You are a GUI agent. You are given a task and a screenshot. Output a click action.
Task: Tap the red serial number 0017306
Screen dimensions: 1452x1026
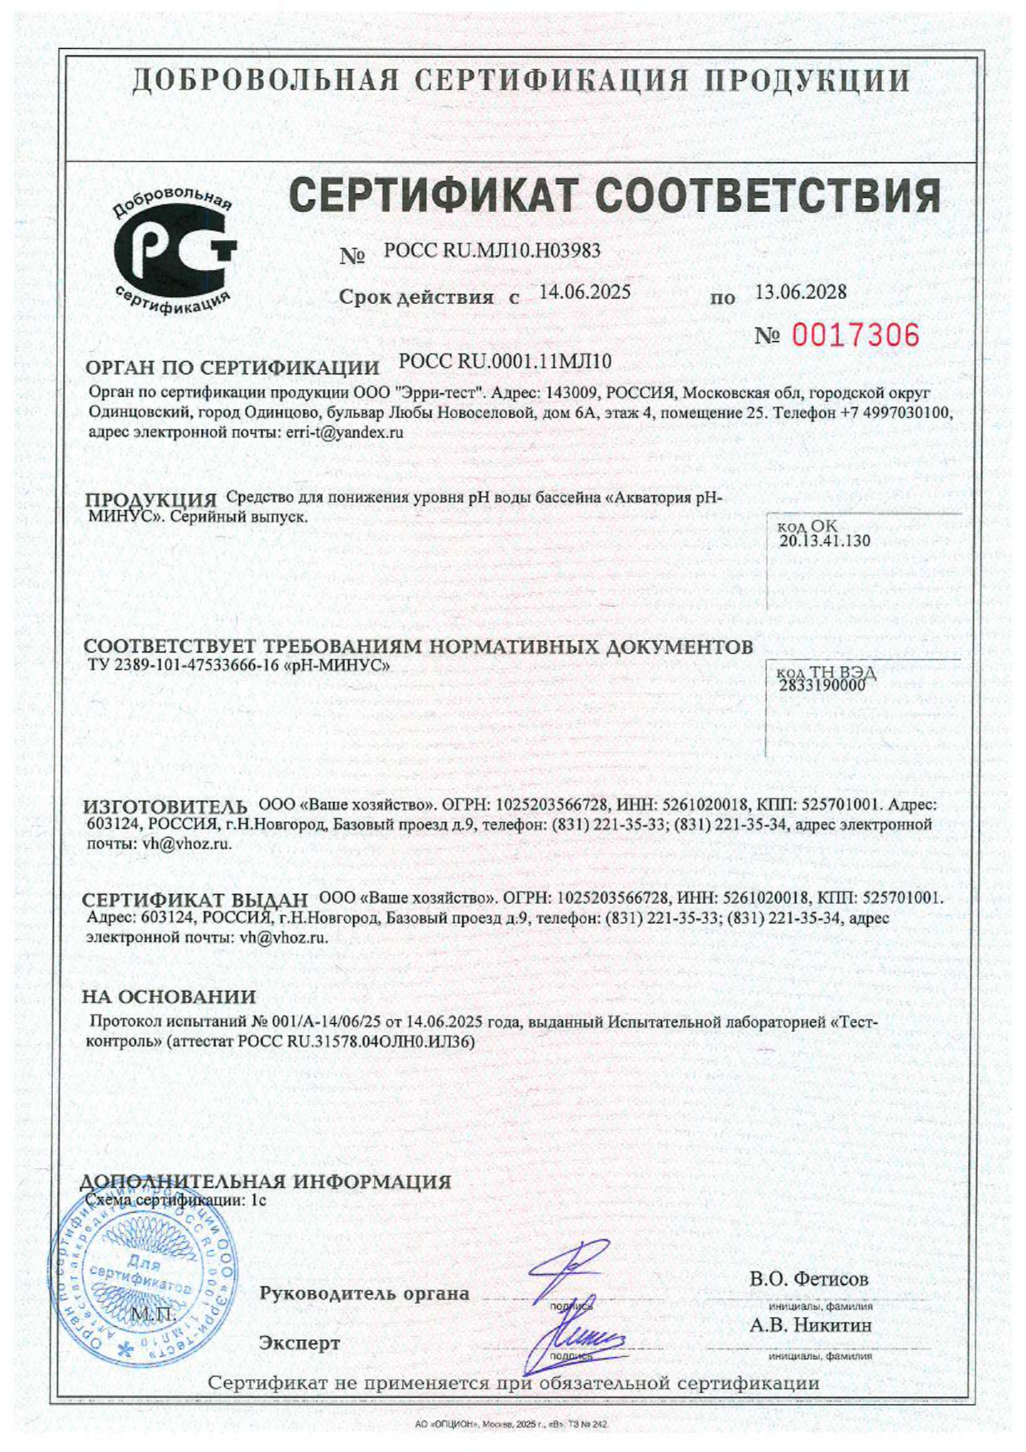click(x=856, y=335)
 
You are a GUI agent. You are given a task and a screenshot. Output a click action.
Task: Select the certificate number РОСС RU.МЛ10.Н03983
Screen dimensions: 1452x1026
click(x=491, y=251)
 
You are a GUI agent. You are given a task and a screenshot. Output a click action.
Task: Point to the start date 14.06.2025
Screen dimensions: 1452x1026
click(x=584, y=292)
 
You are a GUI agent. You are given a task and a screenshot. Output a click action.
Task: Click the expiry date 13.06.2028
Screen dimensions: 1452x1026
click(x=800, y=292)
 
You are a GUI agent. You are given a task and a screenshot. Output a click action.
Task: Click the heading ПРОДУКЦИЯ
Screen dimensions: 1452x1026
click(x=151, y=499)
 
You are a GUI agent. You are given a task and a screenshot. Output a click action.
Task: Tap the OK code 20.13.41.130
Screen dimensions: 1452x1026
click(x=824, y=541)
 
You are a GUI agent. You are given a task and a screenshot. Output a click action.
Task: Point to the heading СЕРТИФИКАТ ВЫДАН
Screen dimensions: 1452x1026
click(x=195, y=900)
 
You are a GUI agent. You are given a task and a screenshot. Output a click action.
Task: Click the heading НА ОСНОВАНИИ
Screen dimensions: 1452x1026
click(x=169, y=997)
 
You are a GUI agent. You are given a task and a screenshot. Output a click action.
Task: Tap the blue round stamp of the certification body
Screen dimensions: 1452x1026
click(x=141, y=1286)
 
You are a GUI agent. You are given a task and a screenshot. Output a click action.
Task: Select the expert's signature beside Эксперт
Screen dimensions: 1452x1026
click(x=579, y=1334)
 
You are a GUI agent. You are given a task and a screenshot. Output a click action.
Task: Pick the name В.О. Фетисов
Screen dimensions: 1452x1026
click(x=808, y=1279)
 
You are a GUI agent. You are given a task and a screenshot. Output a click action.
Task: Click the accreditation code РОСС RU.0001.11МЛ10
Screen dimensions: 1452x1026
click(x=505, y=361)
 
